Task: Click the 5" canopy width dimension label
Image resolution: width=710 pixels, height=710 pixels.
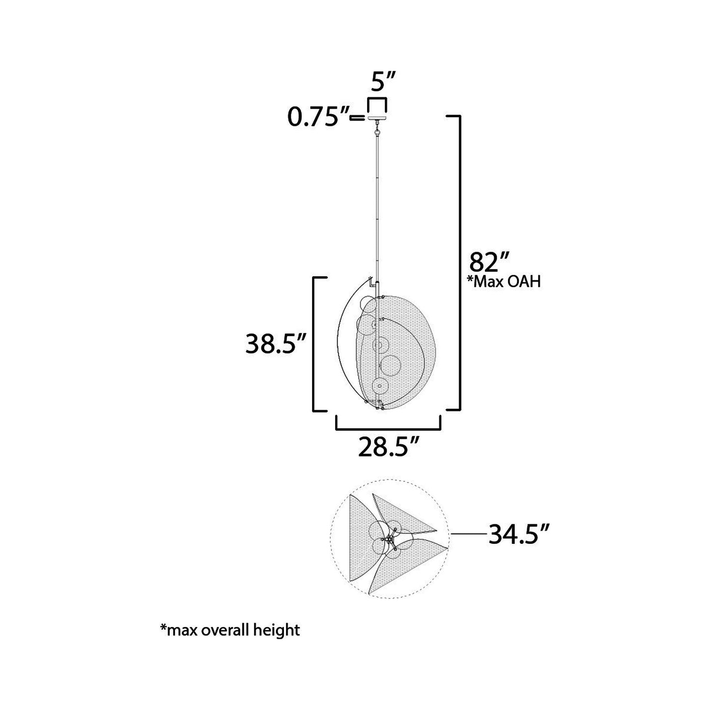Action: point(378,82)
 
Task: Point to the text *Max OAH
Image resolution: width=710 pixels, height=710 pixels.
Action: point(504,282)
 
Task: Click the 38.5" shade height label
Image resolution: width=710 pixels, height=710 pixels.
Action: point(276,344)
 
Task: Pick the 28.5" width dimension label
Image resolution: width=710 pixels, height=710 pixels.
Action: point(388,447)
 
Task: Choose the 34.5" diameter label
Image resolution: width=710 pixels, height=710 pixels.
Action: point(519,534)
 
